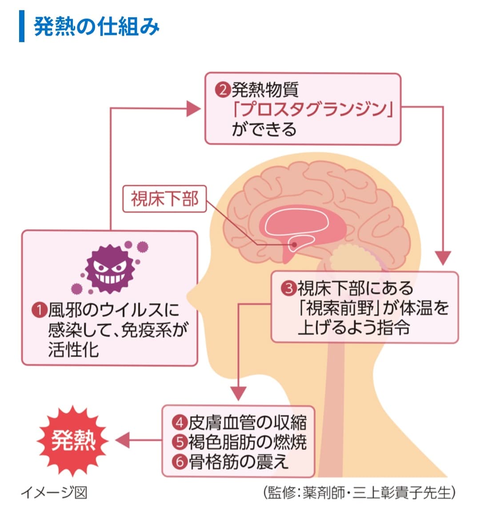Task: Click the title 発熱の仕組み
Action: click(96, 27)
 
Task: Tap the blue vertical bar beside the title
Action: click(22, 27)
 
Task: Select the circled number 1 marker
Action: click(40, 310)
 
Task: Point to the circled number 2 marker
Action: click(222, 91)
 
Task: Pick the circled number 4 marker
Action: click(180, 422)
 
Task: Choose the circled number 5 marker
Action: click(180, 442)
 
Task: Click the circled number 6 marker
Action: click(180, 462)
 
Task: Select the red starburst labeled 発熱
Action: click(73, 441)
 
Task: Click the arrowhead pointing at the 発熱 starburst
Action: click(122, 441)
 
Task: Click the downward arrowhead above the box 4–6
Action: click(239, 393)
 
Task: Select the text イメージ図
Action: click(54, 493)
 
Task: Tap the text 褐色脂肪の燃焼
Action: click(247, 442)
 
